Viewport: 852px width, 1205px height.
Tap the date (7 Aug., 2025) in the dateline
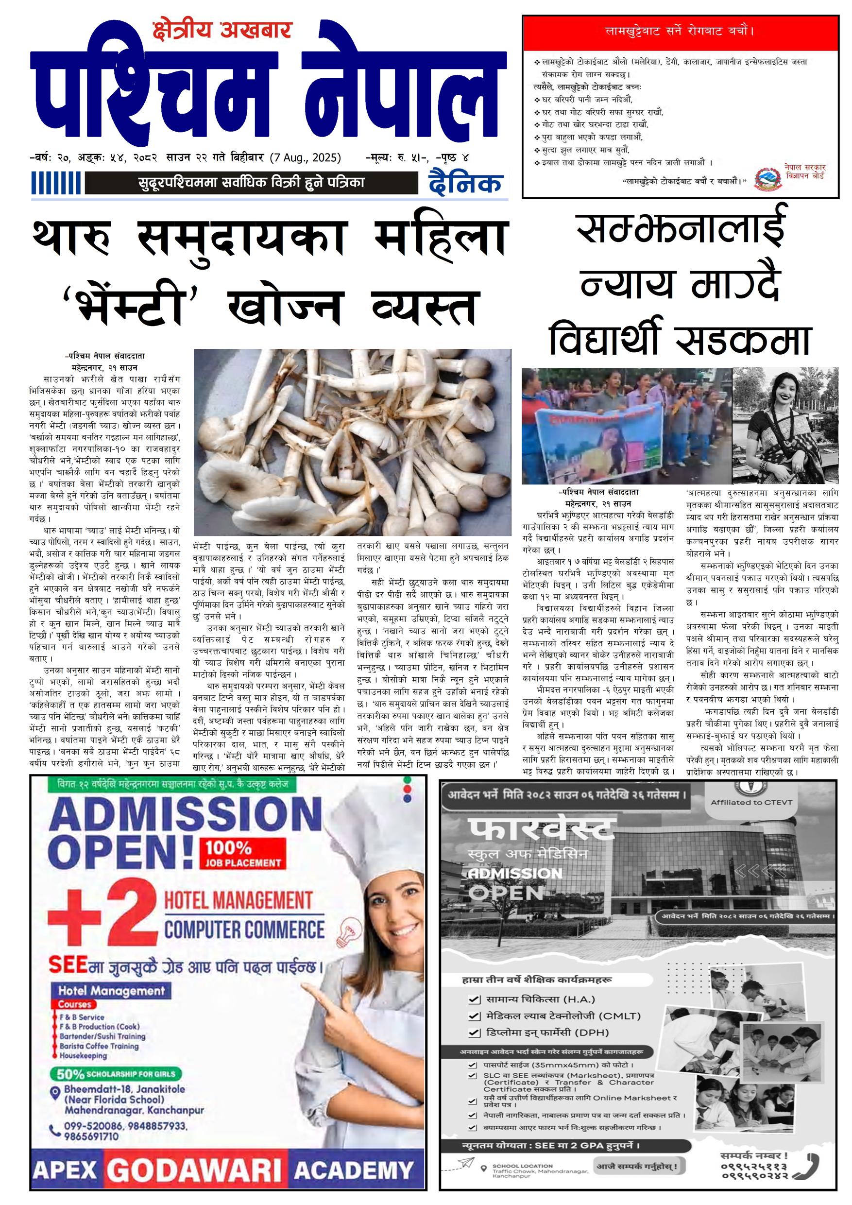pos(306,157)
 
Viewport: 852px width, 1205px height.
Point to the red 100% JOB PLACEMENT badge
pos(243,853)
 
